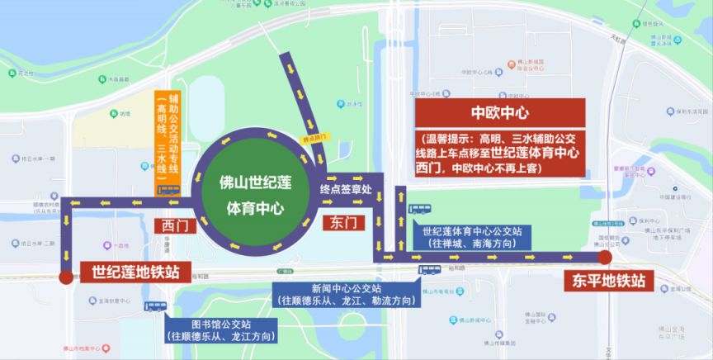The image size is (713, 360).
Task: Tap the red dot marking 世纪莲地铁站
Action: (x=66, y=277)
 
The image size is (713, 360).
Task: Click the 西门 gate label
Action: (x=172, y=224)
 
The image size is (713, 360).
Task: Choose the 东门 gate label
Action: (x=342, y=222)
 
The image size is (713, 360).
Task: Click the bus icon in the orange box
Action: (x=168, y=189)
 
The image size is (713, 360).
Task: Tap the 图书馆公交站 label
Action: (x=222, y=329)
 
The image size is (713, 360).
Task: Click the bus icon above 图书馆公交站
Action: (x=155, y=306)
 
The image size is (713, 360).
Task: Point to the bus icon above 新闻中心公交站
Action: (x=427, y=269)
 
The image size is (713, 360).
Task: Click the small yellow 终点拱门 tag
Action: (x=313, y=141)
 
